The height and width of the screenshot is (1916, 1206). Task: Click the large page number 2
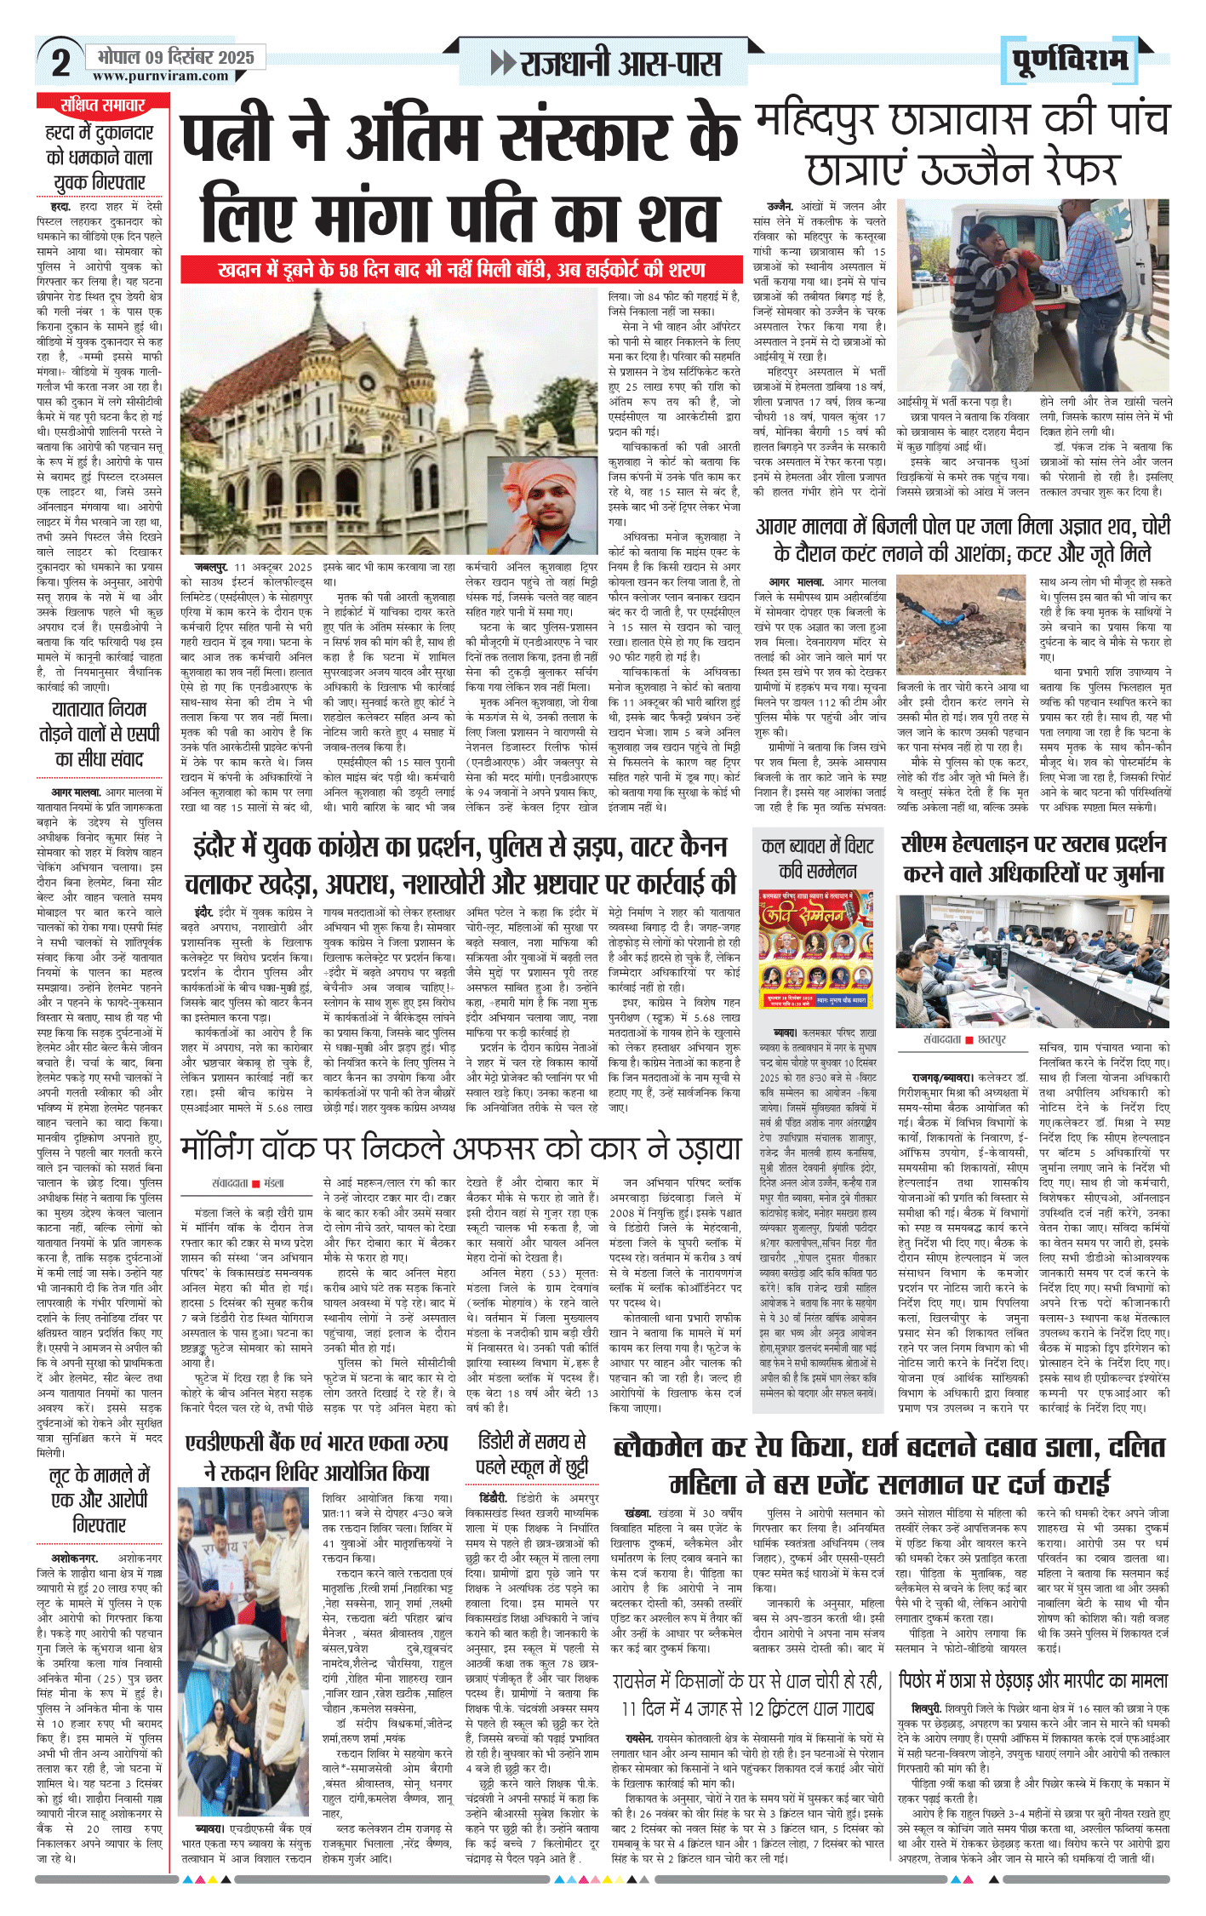(x=60, y=63)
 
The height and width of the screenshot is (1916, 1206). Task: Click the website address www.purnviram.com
(x=161, y=77)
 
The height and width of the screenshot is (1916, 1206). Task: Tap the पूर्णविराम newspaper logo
(x=1070, y=60)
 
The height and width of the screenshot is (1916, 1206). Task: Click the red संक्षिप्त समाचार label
(x=102, y=105)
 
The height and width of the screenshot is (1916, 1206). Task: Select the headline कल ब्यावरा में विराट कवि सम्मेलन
(x=817, y=858)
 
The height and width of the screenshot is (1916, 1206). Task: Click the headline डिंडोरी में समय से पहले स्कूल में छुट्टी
(x=532, y=1454)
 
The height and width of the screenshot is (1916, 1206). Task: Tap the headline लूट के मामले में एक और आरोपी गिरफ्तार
(x=100, y=1499)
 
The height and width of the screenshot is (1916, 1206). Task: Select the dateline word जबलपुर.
(x=205, y=567)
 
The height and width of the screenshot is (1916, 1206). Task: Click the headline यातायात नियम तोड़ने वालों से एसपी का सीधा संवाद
(x=100, y=734)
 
